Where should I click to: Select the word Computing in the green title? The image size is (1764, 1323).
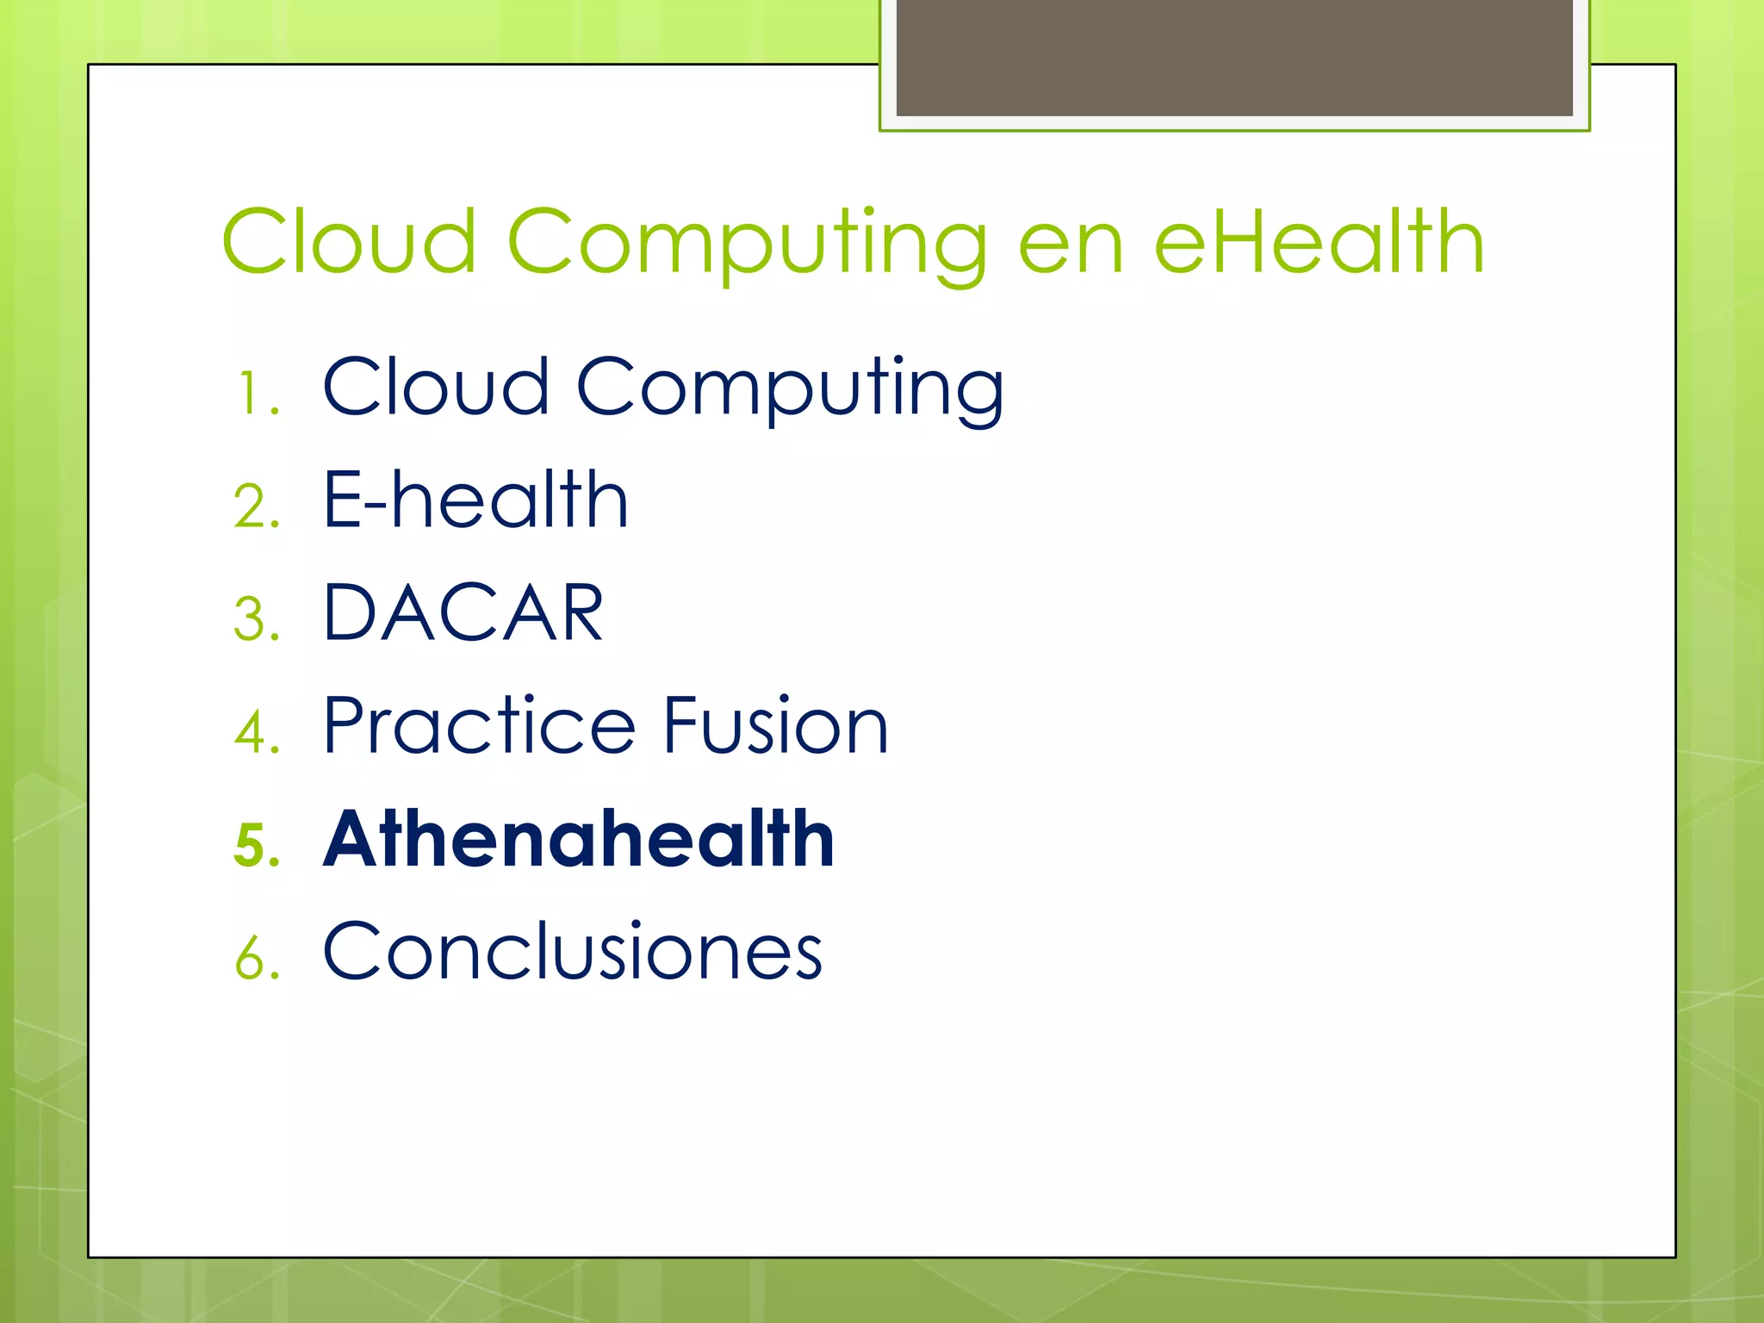pyautogui.click(x=747, y=245)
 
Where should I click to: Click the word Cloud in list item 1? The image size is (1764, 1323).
pyautogui.click(x=436, y=387)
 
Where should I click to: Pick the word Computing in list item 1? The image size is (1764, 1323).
pyautogui.click(x=790, y=390)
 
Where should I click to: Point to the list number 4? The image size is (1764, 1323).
pyautogui.click(x=256, y=732)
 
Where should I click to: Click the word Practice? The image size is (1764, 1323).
pyautogui.click(x=480, y=726)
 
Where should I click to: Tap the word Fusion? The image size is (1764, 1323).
pyautogui.click(x=775, y=726)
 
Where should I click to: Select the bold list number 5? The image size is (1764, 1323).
pyautogui.click(x=256, y=845)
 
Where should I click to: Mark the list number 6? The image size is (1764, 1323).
pyautogui.click(x=256, y=958)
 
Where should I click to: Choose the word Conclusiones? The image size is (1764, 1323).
pyautogui.click(x=573, y=952)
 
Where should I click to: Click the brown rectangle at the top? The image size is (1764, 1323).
pyautogui.click(x=1234, y=58)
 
